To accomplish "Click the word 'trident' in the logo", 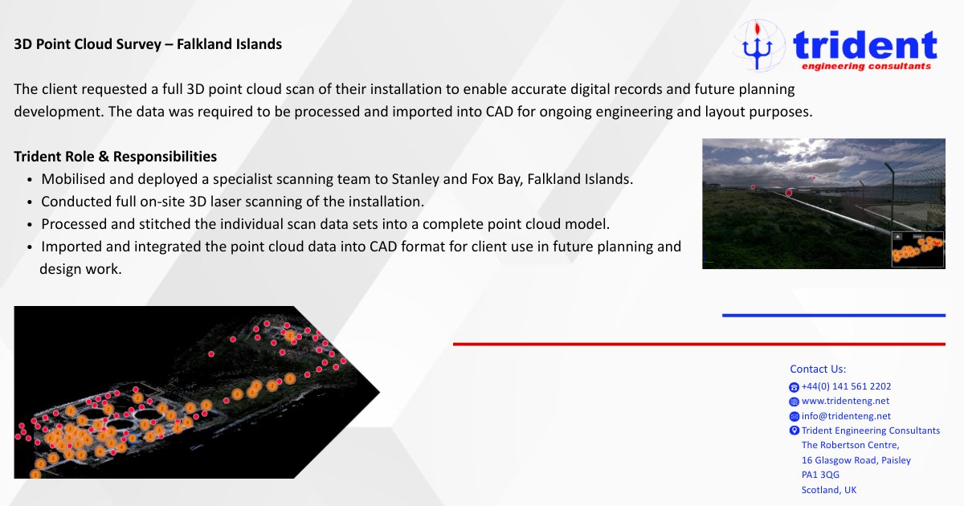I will [864, 45].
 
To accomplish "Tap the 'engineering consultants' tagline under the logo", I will [862, 67].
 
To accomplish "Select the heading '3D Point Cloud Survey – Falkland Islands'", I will [148, 44].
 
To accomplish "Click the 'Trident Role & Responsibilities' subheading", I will [115, 157].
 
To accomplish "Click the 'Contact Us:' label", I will [818, 369].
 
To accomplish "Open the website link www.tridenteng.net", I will [845, 401].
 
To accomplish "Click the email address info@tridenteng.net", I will [846, 416].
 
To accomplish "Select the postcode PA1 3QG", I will [820, 475].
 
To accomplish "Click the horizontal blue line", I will [833, 315].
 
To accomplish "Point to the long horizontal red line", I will [699, 344].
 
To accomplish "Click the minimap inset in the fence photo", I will [917, 248].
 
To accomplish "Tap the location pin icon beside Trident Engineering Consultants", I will [794, 431].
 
